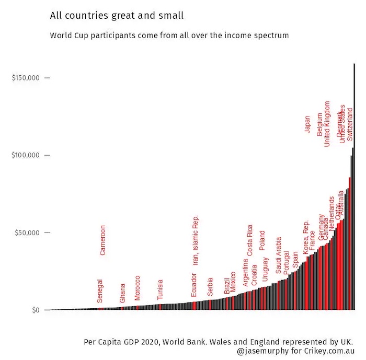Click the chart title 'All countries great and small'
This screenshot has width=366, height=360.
117,16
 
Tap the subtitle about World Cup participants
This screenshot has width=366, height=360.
169,36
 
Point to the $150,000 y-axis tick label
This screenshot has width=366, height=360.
26,78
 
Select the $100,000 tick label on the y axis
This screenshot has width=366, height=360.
26,155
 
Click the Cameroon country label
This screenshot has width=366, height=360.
102,240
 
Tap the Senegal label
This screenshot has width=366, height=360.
100,291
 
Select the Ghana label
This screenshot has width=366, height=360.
122,293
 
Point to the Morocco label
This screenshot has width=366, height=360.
138,288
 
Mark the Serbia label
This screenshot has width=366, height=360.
210,287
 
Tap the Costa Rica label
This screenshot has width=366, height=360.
250,240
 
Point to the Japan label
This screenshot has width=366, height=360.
307,124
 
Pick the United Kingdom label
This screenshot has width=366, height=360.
327,124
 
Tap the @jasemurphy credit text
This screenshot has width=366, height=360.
295,352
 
